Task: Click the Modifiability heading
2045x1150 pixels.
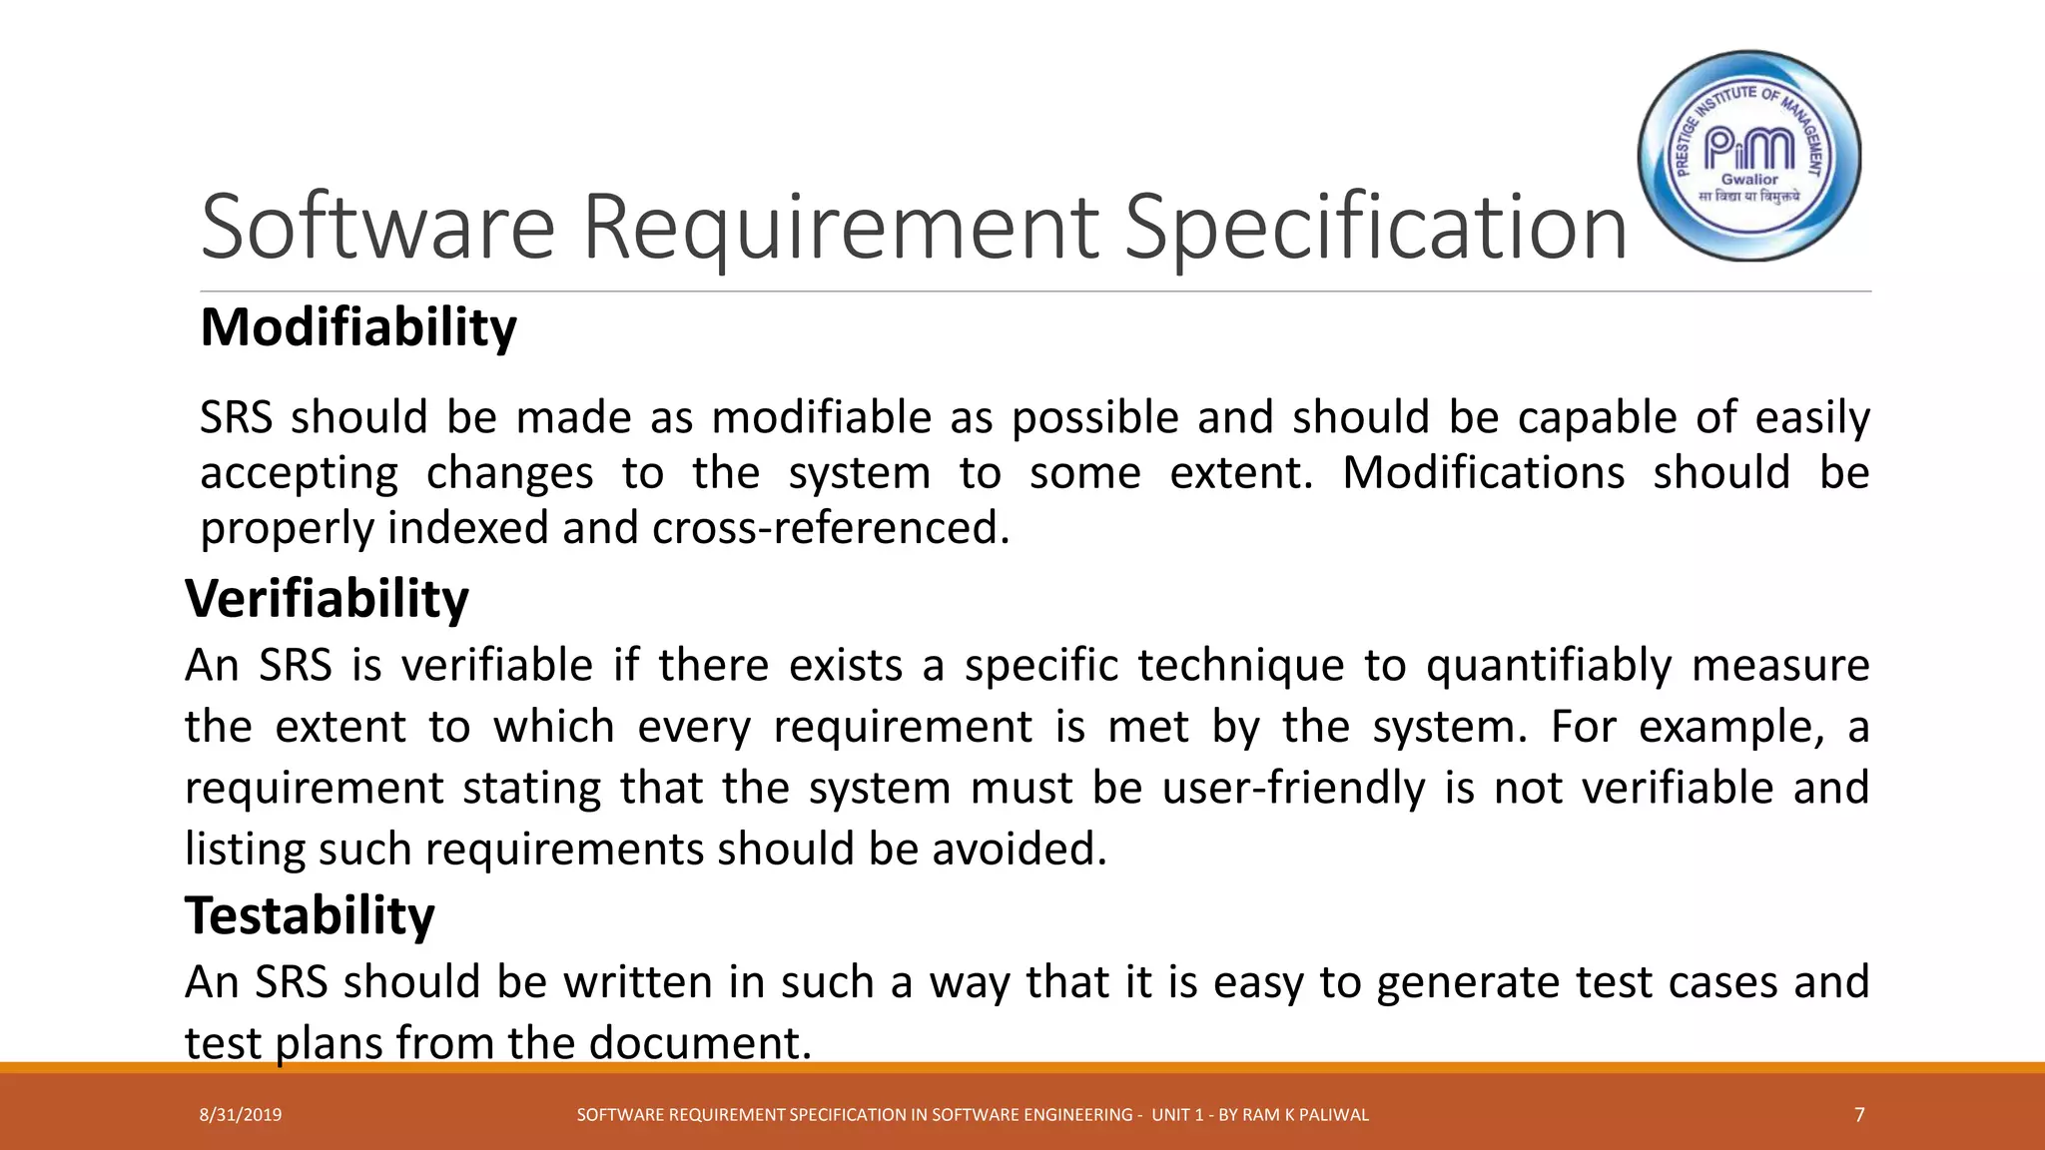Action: click(358, 328)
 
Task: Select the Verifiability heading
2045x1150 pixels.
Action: click(327, 599)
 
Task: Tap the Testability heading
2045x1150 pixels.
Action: click(310, 915)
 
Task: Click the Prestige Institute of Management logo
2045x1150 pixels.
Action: click(1749, 157)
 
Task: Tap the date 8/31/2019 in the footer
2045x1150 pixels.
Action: click(241, 1115)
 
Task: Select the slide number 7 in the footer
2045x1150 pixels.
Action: click(1859, 1115)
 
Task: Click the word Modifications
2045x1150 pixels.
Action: click(1483, 472)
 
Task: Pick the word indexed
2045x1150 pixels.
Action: click(467, 527)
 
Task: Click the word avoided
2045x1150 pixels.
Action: click(1019, 849)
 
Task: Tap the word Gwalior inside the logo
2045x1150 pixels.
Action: click(1749, 180)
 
